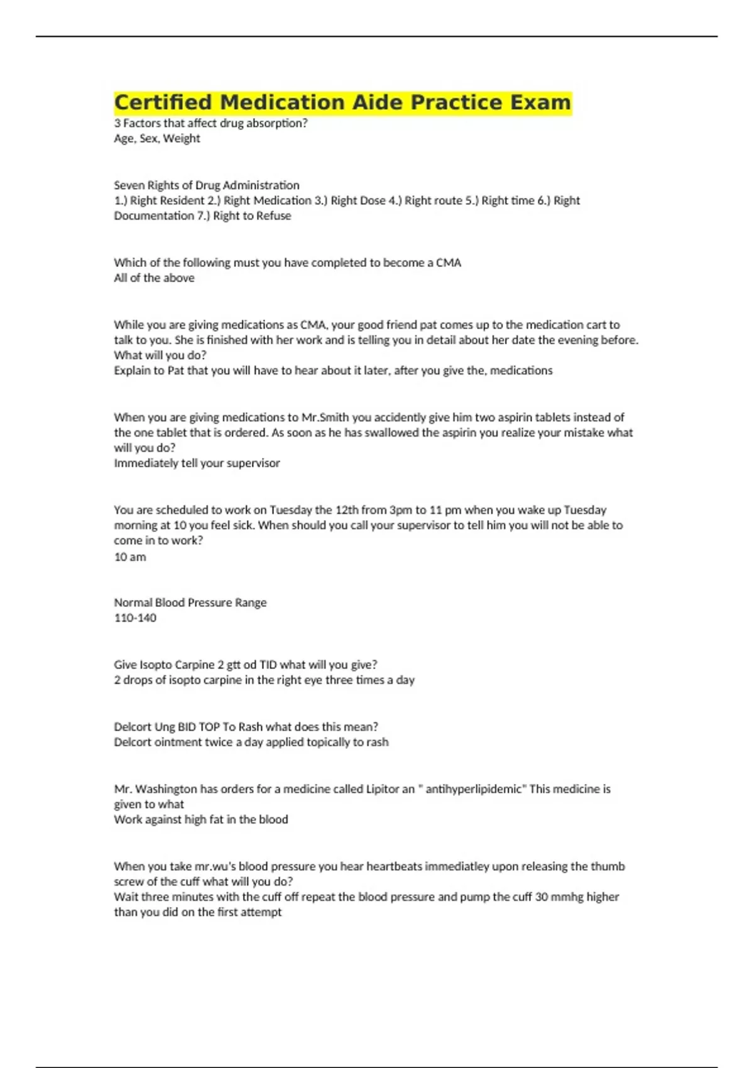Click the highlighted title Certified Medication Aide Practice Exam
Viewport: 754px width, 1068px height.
[342, 102]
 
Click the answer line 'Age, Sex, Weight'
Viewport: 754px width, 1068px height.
[157, 138]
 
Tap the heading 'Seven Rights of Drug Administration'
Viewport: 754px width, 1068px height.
[207, 185]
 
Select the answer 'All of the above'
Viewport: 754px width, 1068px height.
[154, 278]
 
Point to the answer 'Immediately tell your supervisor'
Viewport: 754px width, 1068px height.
[197, 463]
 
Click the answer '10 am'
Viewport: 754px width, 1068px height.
[130, 557]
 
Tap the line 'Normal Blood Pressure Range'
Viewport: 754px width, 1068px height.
[190, 602]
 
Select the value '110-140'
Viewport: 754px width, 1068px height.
[135, 618]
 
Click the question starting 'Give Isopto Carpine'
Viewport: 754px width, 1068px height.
[246, 665]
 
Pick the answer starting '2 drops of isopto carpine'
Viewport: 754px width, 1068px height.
[264, 680]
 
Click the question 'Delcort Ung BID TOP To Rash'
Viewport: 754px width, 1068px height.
[246, 727]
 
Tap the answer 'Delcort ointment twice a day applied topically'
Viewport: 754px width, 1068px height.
[251, 742]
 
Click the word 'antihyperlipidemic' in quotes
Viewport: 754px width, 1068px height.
[474, 789]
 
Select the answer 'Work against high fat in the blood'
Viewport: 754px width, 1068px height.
[201, 819]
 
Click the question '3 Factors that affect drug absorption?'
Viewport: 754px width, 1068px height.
[211, 123]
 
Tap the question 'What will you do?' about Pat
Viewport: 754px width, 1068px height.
[160, 355]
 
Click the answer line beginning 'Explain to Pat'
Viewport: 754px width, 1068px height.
[333, 371]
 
